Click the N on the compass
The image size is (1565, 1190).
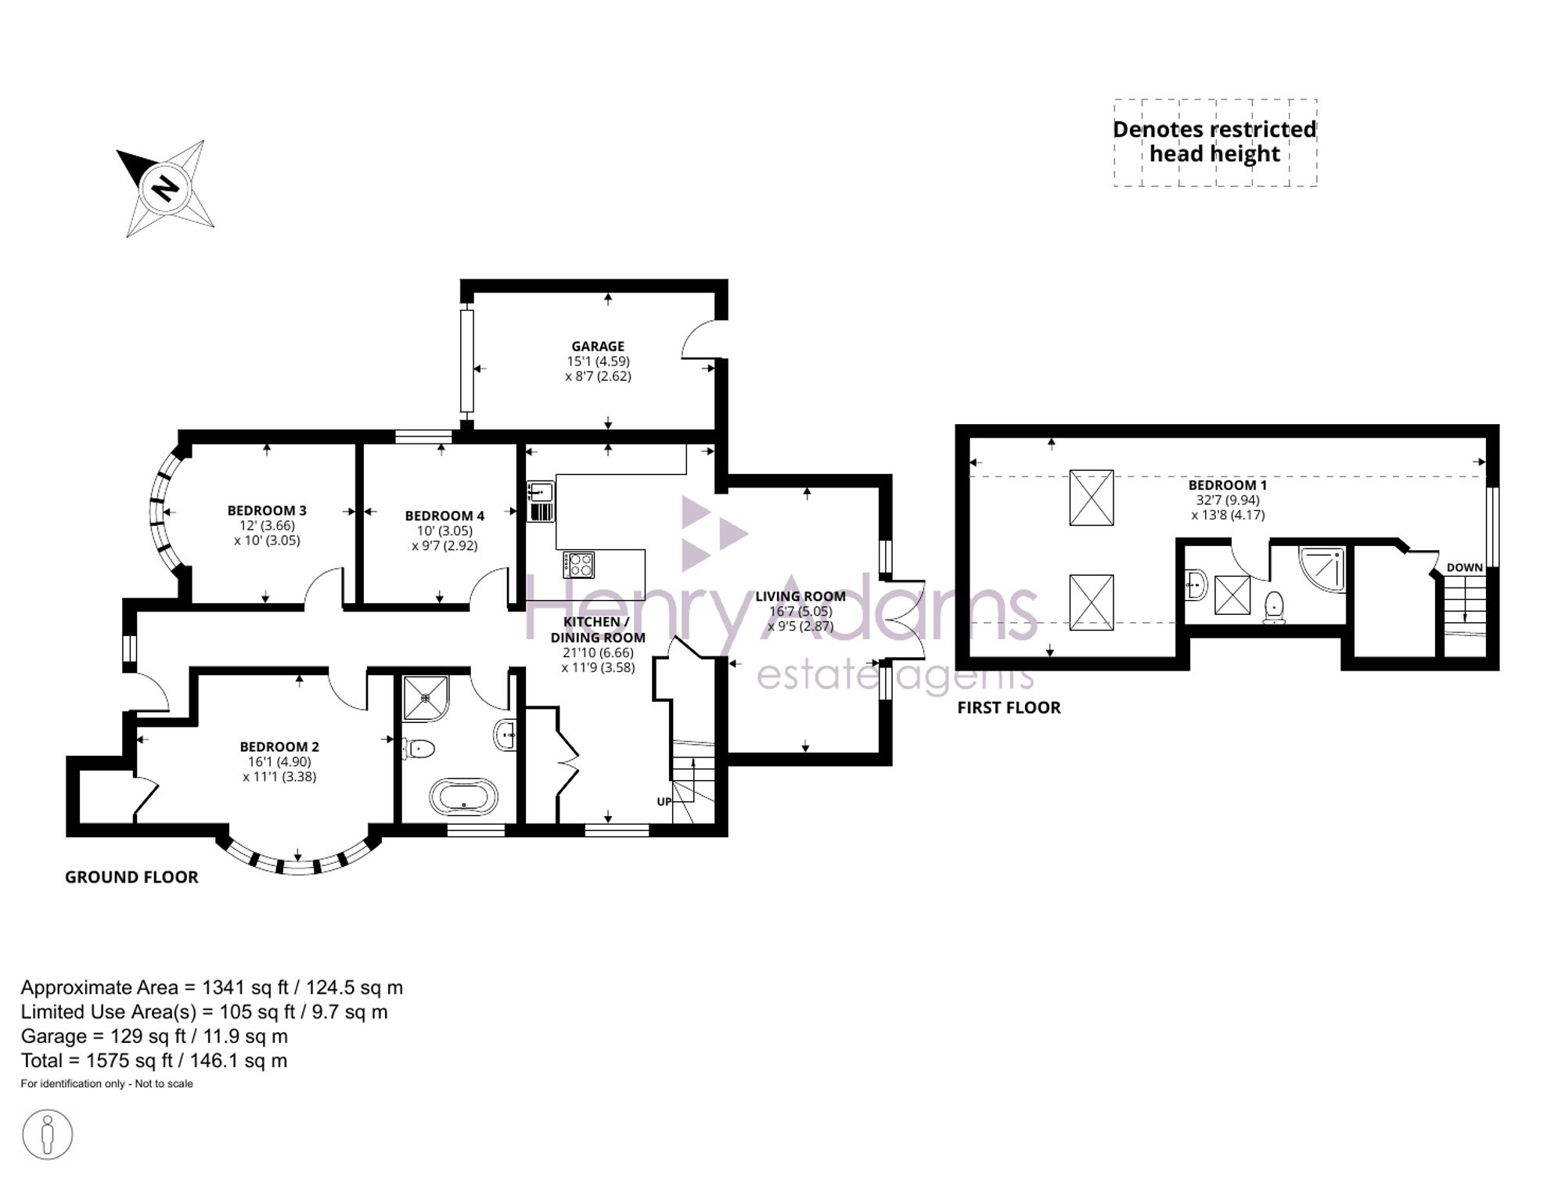(165, 188)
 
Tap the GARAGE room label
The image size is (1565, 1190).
(598, 346)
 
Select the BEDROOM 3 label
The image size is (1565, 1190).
(267, 510)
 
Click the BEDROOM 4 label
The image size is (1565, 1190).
(444, 516)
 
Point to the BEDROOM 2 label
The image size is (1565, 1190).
(279, 746)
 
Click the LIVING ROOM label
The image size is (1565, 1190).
(800, 596)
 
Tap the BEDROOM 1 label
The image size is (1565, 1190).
(1228, 485)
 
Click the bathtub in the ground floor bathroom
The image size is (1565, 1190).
(463, 797)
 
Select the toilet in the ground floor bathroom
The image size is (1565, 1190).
(419, 749)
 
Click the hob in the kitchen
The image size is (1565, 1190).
(578, 565)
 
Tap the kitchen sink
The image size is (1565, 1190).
(541, 502)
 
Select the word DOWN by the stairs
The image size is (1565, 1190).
(1465, 567)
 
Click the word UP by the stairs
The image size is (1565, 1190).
(664, 801)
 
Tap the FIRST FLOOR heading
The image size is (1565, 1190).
(1009, 707)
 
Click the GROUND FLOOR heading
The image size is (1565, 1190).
(131, 877)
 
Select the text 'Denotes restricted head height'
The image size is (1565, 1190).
(1214, 142)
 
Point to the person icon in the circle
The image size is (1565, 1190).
(48, 1134)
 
